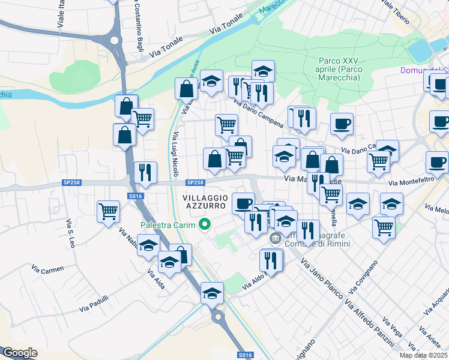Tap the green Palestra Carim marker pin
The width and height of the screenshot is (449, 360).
coord(205,226)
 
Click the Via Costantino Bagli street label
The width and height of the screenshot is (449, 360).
coord(136,29)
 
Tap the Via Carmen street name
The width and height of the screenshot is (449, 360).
coord(49,270)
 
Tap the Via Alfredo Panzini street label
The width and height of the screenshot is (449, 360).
coord(372,321)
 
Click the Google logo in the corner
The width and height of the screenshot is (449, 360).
coord(20,353)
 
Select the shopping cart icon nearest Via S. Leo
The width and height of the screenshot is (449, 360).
coord(109,211)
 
